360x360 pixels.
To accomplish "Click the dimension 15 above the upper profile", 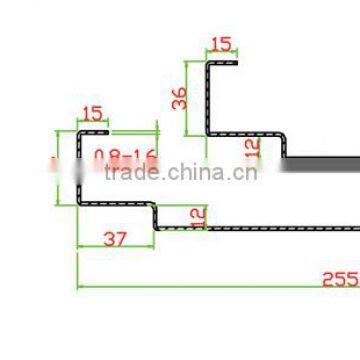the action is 220,44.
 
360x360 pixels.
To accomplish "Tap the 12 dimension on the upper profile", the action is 252,148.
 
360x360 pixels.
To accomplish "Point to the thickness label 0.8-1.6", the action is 125,157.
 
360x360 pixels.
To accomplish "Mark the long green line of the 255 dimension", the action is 200,287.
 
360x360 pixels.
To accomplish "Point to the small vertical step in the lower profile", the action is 155,215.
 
